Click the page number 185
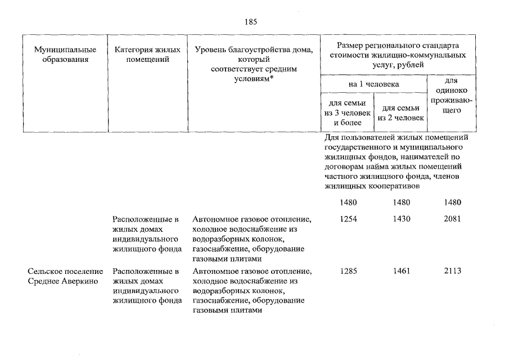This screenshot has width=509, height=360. click(251, 22)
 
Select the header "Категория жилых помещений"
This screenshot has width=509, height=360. click(147, 55)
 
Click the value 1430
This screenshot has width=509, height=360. click(402, 218)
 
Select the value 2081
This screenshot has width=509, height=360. click(452, 218)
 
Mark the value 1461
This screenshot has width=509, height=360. click(402, 271)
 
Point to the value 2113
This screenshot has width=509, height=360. click(452, 271)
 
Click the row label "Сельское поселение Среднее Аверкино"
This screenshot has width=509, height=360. click(65, 276)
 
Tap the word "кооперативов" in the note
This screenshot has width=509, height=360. click(393, 186)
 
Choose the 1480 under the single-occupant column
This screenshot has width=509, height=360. click(452, 202)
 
